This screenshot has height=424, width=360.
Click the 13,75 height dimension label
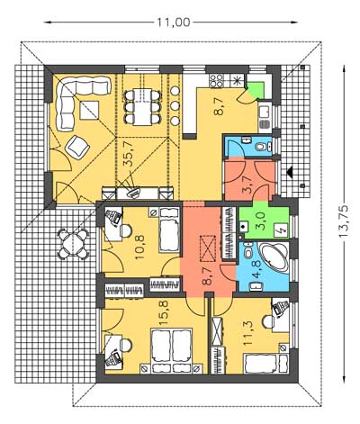click(344, 221)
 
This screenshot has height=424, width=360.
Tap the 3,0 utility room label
click(261, 221)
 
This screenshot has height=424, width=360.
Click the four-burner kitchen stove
click(216, 80)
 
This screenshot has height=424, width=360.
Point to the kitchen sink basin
click(265, 111)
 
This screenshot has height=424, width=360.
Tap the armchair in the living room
click(77, 146)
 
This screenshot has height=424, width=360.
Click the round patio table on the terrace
click(74, 243)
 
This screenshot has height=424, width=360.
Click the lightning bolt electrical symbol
click(282, 230)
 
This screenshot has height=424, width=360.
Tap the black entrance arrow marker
click(290, 171)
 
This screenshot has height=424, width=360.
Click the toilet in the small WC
click(261, 147)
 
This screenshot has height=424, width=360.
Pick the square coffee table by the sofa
click(89, 110)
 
